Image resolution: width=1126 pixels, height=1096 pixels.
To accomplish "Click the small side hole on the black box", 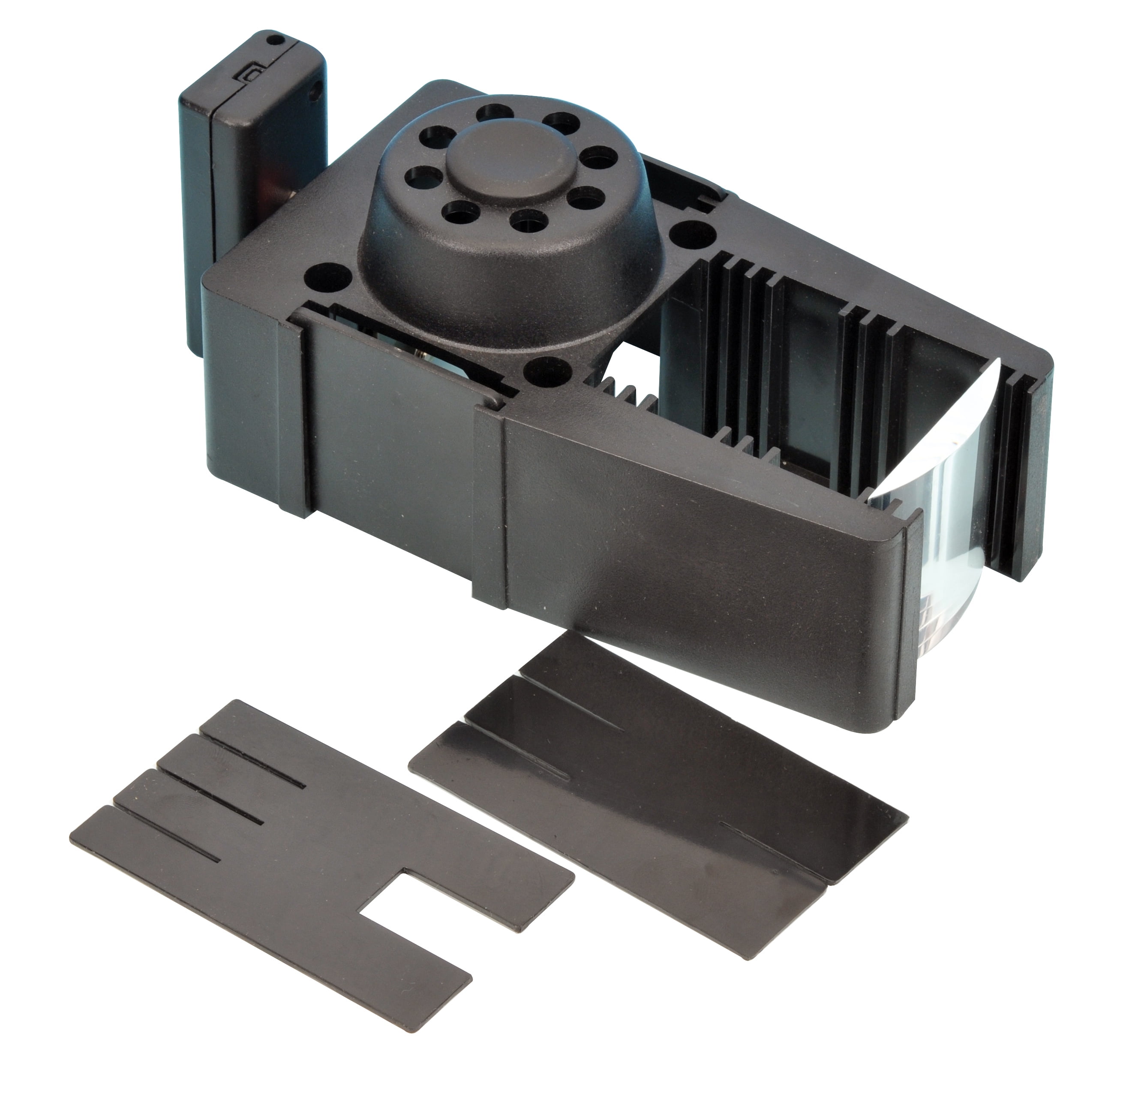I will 314,90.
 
